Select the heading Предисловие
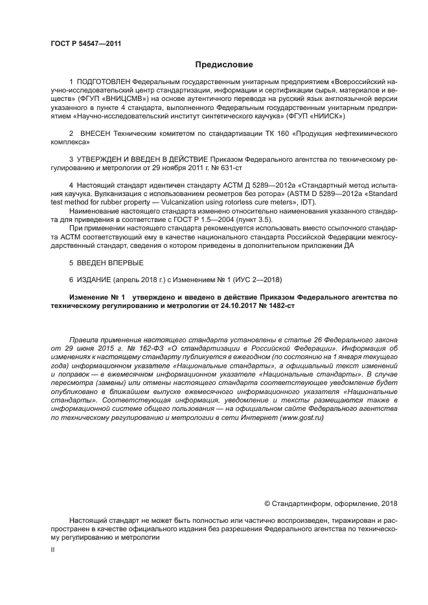[224, 65]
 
